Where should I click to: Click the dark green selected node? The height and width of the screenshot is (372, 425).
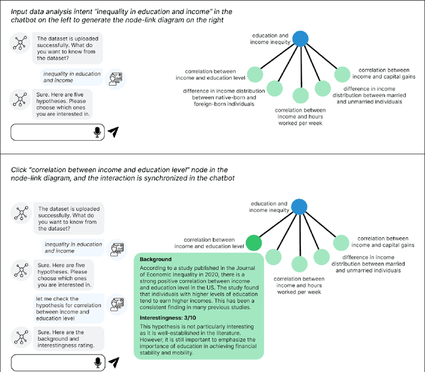[253, 243]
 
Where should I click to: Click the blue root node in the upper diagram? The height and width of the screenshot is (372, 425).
[300, 39]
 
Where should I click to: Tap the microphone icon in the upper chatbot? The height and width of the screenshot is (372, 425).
[98, 132]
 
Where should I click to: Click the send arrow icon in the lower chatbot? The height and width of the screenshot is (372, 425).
[114, 362]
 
